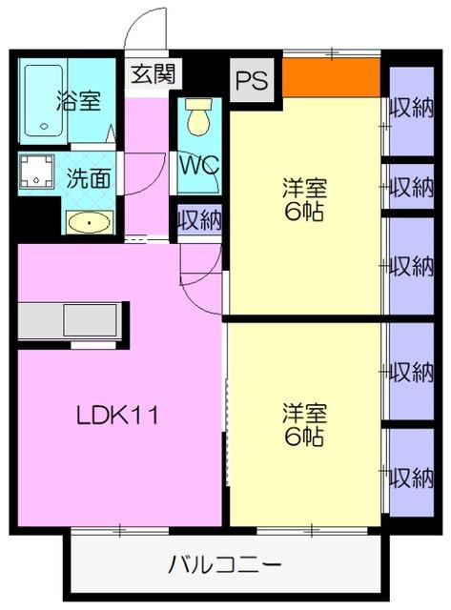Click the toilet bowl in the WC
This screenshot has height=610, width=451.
[x=198, y=118]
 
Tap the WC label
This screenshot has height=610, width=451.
[x=199, y=163]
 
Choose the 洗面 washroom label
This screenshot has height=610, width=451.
[x=89, y=177]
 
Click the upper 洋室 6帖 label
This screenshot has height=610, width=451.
[x=304, y=198]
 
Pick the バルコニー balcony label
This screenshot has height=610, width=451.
[x=225, y=564]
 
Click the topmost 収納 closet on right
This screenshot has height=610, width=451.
[x=412, y=109]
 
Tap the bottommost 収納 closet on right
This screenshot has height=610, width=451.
[x=412, y=475]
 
